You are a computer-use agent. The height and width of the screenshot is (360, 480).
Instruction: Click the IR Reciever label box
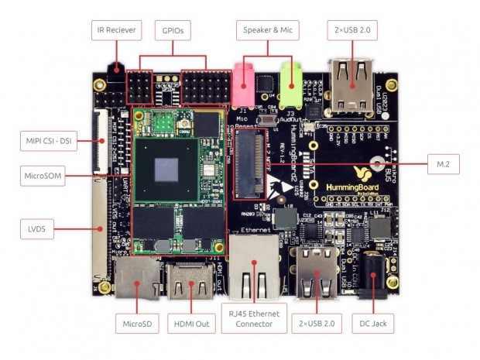pos(116,31)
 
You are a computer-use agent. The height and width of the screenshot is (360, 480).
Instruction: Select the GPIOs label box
pos(173,31)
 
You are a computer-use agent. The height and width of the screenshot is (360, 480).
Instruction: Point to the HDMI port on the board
pos(189,285)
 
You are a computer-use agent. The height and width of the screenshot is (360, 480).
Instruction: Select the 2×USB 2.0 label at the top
pos(353,31)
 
